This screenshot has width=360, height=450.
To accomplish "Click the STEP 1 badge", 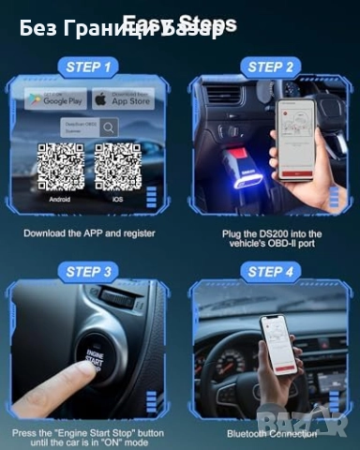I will tap(92, 67).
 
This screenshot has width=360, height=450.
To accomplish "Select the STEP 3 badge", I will tap(90, 272).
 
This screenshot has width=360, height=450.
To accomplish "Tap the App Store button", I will tap(124, 98).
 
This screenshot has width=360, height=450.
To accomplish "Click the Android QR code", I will tap(60, 167).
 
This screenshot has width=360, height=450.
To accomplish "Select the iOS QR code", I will tap(118, 167).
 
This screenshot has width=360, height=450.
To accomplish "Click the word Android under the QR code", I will tap(60, 200).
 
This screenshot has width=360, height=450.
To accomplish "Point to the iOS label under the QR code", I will tap(118, 200).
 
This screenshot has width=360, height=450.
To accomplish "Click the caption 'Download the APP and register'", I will tap(90, 232).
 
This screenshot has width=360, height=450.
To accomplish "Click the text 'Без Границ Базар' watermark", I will tap(122, 29).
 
